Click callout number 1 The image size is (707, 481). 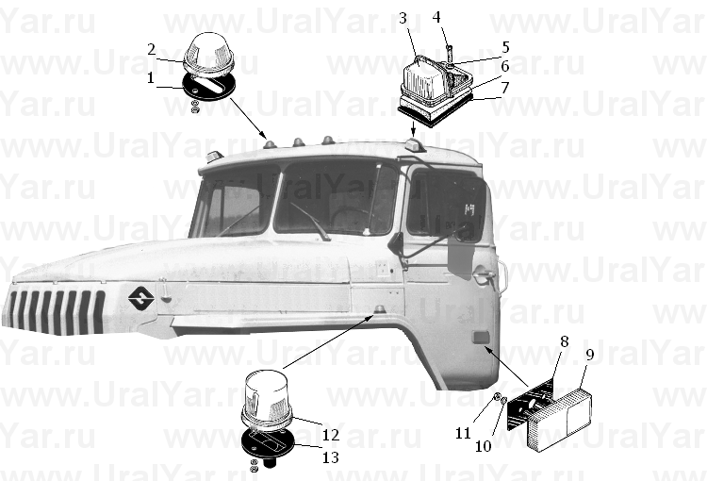pos(151,78)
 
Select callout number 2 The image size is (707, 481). pos(152,49)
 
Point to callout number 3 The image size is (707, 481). pos(403,18)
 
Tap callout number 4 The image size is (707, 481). pos(436,17)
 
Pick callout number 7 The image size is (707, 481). pos(505,87)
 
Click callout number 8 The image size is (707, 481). pos(564,341)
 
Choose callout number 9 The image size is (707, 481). pos(590,355)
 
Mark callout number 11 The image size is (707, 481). pos(463,433)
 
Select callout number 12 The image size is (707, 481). pos(331,435)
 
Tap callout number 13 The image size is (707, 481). pos(331,457)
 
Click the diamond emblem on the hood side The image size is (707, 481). pos(141,298)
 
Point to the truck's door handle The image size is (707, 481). pos(483,275)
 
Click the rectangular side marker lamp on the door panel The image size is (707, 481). pos(481,337)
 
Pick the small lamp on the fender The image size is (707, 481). pos(380,309)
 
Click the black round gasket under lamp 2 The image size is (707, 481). pos(208,86)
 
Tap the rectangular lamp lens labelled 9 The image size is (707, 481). pos(559,418)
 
